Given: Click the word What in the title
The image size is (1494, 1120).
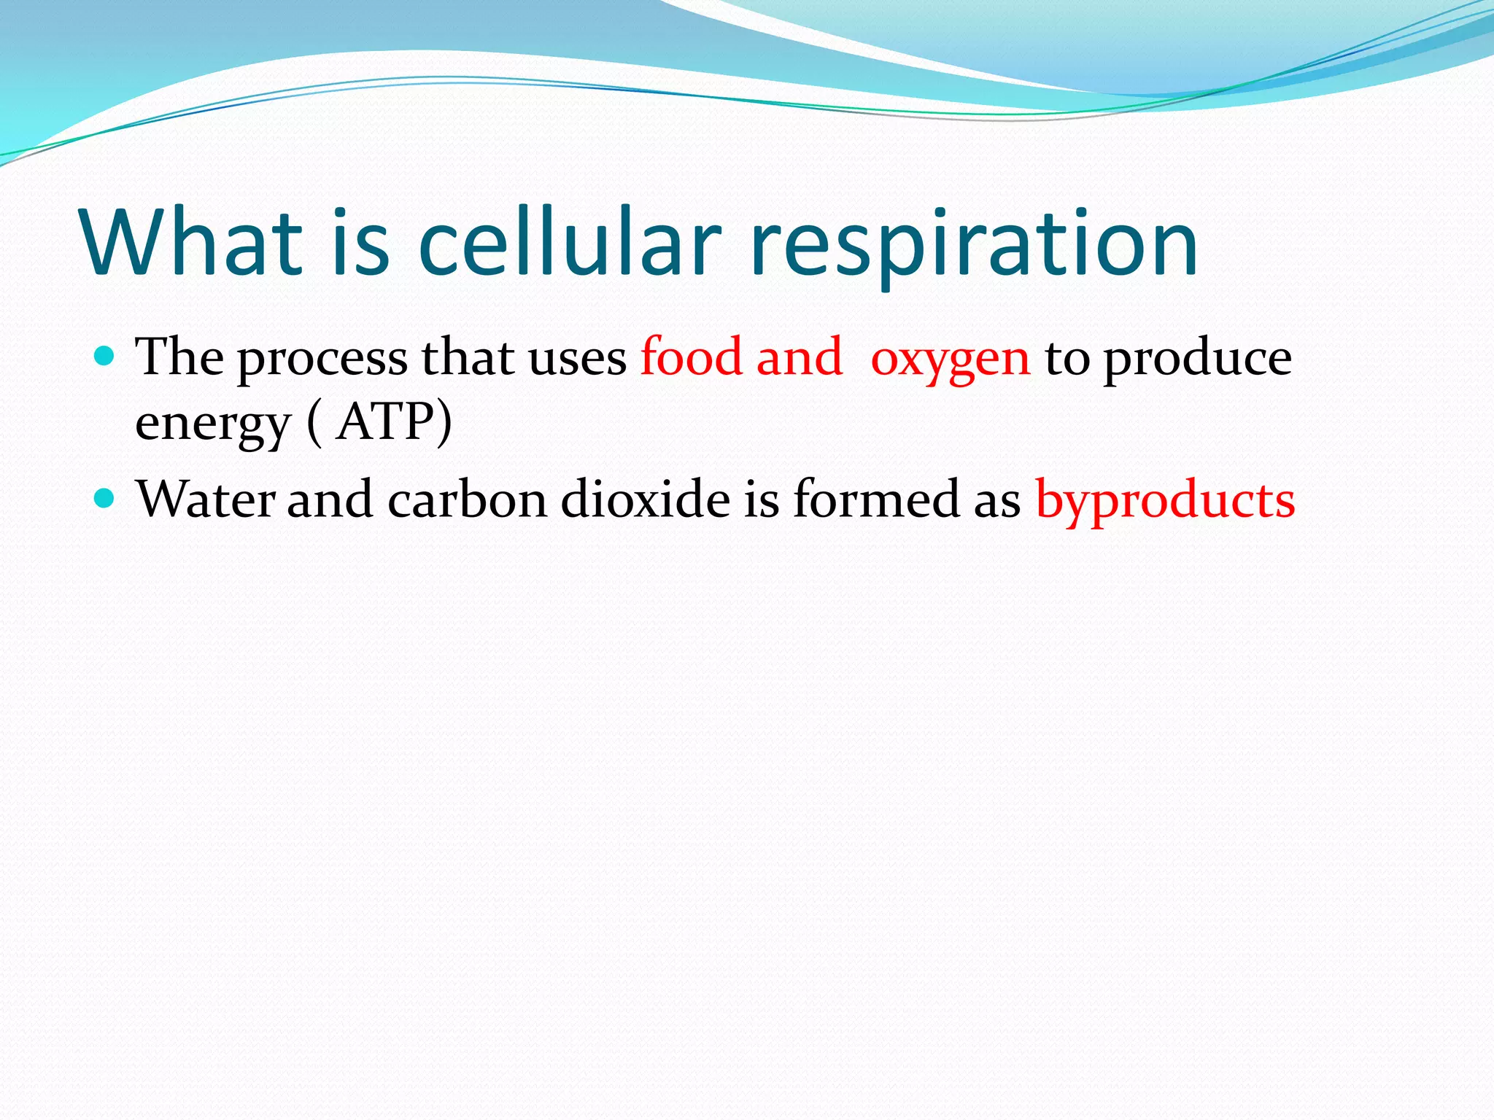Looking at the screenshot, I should [x=192, y=243].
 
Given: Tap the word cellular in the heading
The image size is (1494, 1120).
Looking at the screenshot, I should [x=570, y=243].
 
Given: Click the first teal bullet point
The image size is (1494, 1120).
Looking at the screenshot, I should [x=106, y=357].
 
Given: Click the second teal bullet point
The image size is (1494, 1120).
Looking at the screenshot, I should [x=106, y=499].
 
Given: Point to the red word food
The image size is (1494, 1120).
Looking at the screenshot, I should [x=691, y=357].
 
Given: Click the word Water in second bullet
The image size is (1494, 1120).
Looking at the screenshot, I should [x=206, y=500].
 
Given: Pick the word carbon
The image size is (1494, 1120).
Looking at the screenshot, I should [x=467, y=500].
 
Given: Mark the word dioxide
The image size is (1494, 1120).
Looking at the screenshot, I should [x=645, y=500].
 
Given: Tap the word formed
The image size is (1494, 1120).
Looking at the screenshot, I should [x=876, y=500].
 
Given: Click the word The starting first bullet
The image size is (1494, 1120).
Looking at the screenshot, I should [x=179, y=357].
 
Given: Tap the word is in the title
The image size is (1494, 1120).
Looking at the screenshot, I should [x=360, y=243].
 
